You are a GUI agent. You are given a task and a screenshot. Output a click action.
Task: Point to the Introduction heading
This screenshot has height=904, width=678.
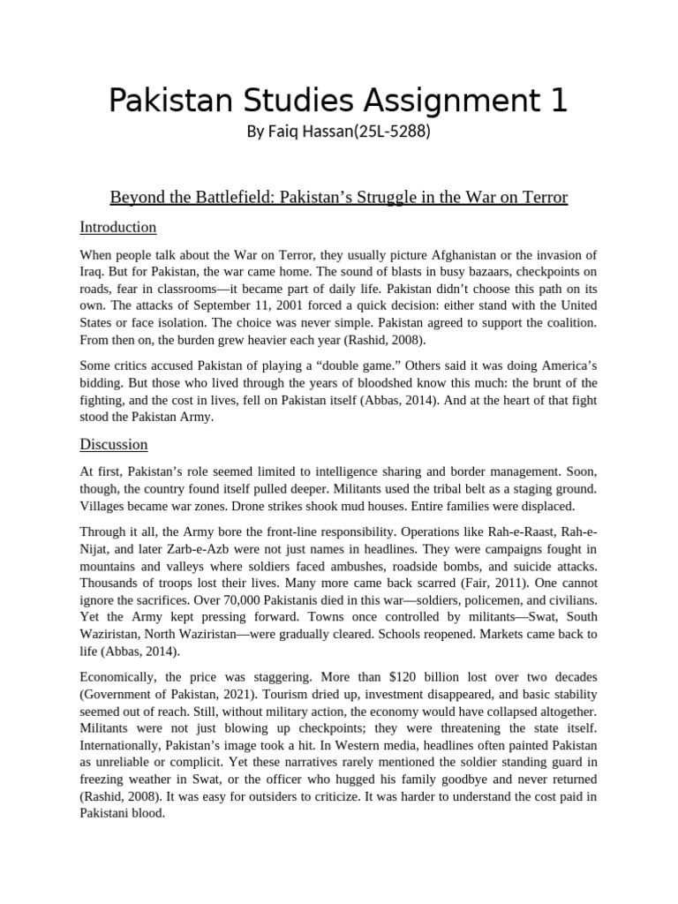(118, 227)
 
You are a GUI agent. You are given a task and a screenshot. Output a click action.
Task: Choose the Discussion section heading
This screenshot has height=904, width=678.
(114, 444)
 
